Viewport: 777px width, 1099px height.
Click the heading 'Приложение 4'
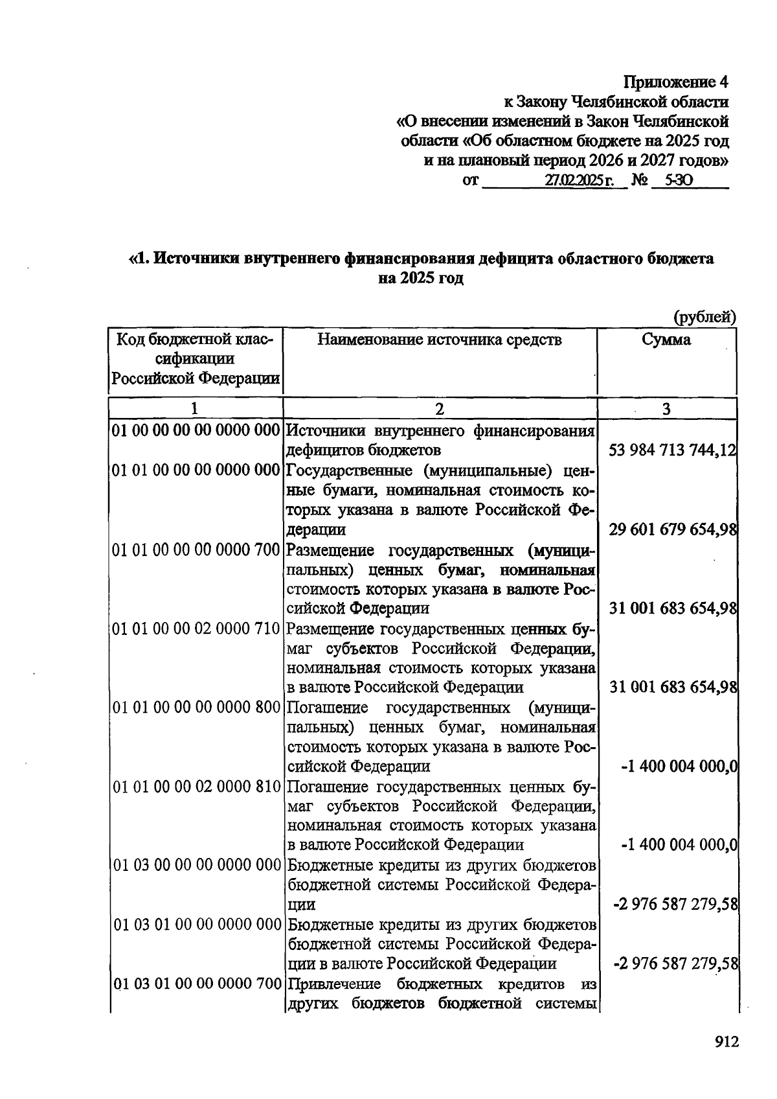point(676,82)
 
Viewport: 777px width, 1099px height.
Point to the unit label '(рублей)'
point(705,317)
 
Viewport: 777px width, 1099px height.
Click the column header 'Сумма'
point(666,340)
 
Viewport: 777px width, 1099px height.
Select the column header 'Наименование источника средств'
point(440,340)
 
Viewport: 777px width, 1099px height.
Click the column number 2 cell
point(440,408)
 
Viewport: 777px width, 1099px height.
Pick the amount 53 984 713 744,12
point(673,450)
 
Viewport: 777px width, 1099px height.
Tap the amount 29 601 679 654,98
point(673,529)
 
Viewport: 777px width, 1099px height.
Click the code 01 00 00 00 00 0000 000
point(196,430)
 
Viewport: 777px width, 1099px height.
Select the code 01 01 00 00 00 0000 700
point(196,550)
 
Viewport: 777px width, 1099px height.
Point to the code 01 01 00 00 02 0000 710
point(196,629)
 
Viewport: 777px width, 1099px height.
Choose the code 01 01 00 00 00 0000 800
point(196,708)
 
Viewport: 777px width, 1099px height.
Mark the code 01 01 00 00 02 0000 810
point(196,787)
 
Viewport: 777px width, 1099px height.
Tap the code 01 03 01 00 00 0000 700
point(196,984)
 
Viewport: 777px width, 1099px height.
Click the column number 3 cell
point(666,408)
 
